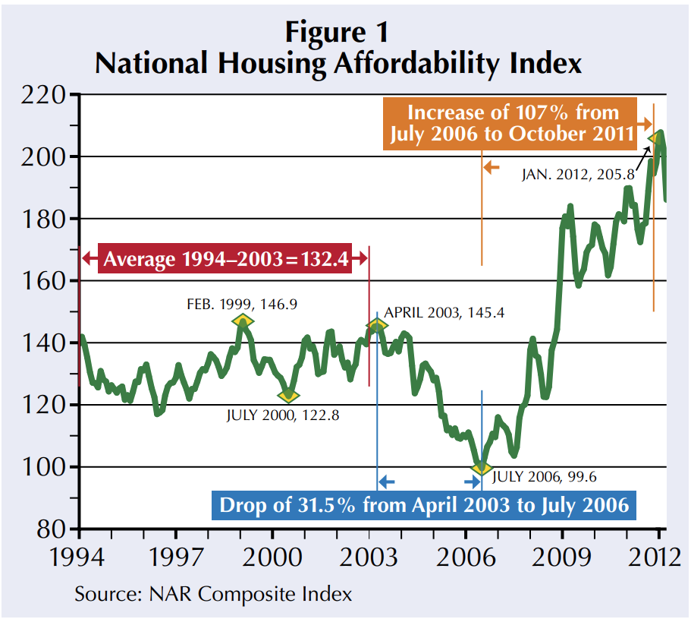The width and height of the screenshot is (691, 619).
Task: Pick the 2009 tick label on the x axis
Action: (x=562, y=557)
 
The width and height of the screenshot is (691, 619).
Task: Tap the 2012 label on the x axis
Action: (x=652, y=557)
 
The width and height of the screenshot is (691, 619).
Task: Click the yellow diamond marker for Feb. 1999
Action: (x=242, y=321)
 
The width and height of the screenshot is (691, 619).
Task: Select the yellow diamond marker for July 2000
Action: (x=288, y=395)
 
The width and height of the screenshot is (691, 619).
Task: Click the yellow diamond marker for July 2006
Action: (x=479, y=467)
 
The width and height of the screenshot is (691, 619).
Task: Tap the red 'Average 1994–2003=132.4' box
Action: (x=225, y=259)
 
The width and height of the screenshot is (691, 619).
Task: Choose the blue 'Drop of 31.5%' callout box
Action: (x=424, y=504)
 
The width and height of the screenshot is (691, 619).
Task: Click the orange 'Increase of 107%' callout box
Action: (x=512, y=124)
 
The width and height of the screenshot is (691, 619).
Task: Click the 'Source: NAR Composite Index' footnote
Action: (x=213, y=593)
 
